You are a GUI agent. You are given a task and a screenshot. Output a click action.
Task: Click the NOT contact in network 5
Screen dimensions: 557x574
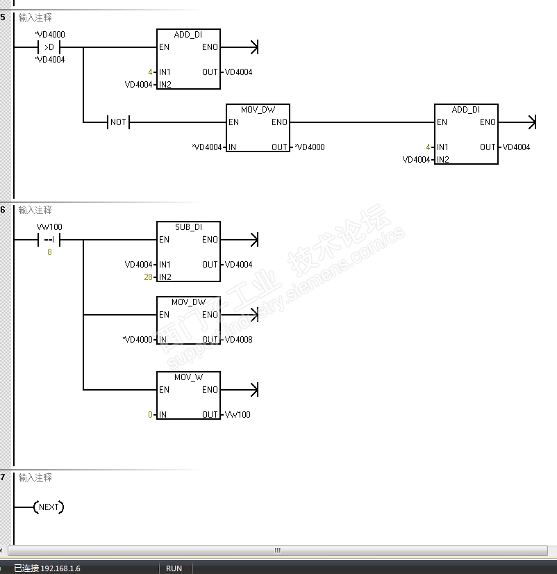[118, 122]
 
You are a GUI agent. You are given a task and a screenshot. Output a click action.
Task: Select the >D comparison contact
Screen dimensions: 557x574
[49, 47]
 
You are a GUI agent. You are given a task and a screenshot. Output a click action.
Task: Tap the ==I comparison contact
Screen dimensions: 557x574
[49, 240]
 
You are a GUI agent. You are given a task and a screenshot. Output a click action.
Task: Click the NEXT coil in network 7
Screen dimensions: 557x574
[49, 507]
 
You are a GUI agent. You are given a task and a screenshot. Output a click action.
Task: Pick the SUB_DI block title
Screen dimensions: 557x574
[188, 227]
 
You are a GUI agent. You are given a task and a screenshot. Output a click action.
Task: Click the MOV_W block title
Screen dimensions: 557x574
[188, 377]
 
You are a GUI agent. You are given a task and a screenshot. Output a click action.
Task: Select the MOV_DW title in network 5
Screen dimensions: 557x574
[258, 110]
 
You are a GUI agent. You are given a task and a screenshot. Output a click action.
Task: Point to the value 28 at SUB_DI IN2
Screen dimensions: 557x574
[148, 277]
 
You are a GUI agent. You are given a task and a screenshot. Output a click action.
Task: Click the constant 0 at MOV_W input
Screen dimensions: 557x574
[150, 415]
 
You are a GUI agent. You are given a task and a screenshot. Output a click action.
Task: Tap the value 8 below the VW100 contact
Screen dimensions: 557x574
[49, 252]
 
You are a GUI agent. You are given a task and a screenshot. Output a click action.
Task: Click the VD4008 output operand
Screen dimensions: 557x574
[239, 340]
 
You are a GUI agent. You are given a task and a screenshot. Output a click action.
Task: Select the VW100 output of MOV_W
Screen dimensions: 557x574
[238, 415]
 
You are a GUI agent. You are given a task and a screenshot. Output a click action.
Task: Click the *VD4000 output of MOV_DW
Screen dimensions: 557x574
[310, 147]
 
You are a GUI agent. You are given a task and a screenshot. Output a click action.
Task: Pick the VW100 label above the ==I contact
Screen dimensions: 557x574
[49, 227]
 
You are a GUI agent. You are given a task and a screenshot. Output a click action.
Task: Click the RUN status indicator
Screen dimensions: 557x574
[174, 568]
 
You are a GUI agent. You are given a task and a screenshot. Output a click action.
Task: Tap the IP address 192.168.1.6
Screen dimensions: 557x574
[60, 568]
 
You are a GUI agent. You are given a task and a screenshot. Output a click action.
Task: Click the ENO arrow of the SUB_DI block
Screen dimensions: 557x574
[240, 240]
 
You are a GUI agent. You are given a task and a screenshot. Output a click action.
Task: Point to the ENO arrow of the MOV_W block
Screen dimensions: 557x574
[240, 390]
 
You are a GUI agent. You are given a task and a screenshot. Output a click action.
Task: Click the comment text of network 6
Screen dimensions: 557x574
[35, 210]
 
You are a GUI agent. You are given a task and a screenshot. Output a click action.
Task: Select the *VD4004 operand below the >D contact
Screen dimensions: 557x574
[50, 60]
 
